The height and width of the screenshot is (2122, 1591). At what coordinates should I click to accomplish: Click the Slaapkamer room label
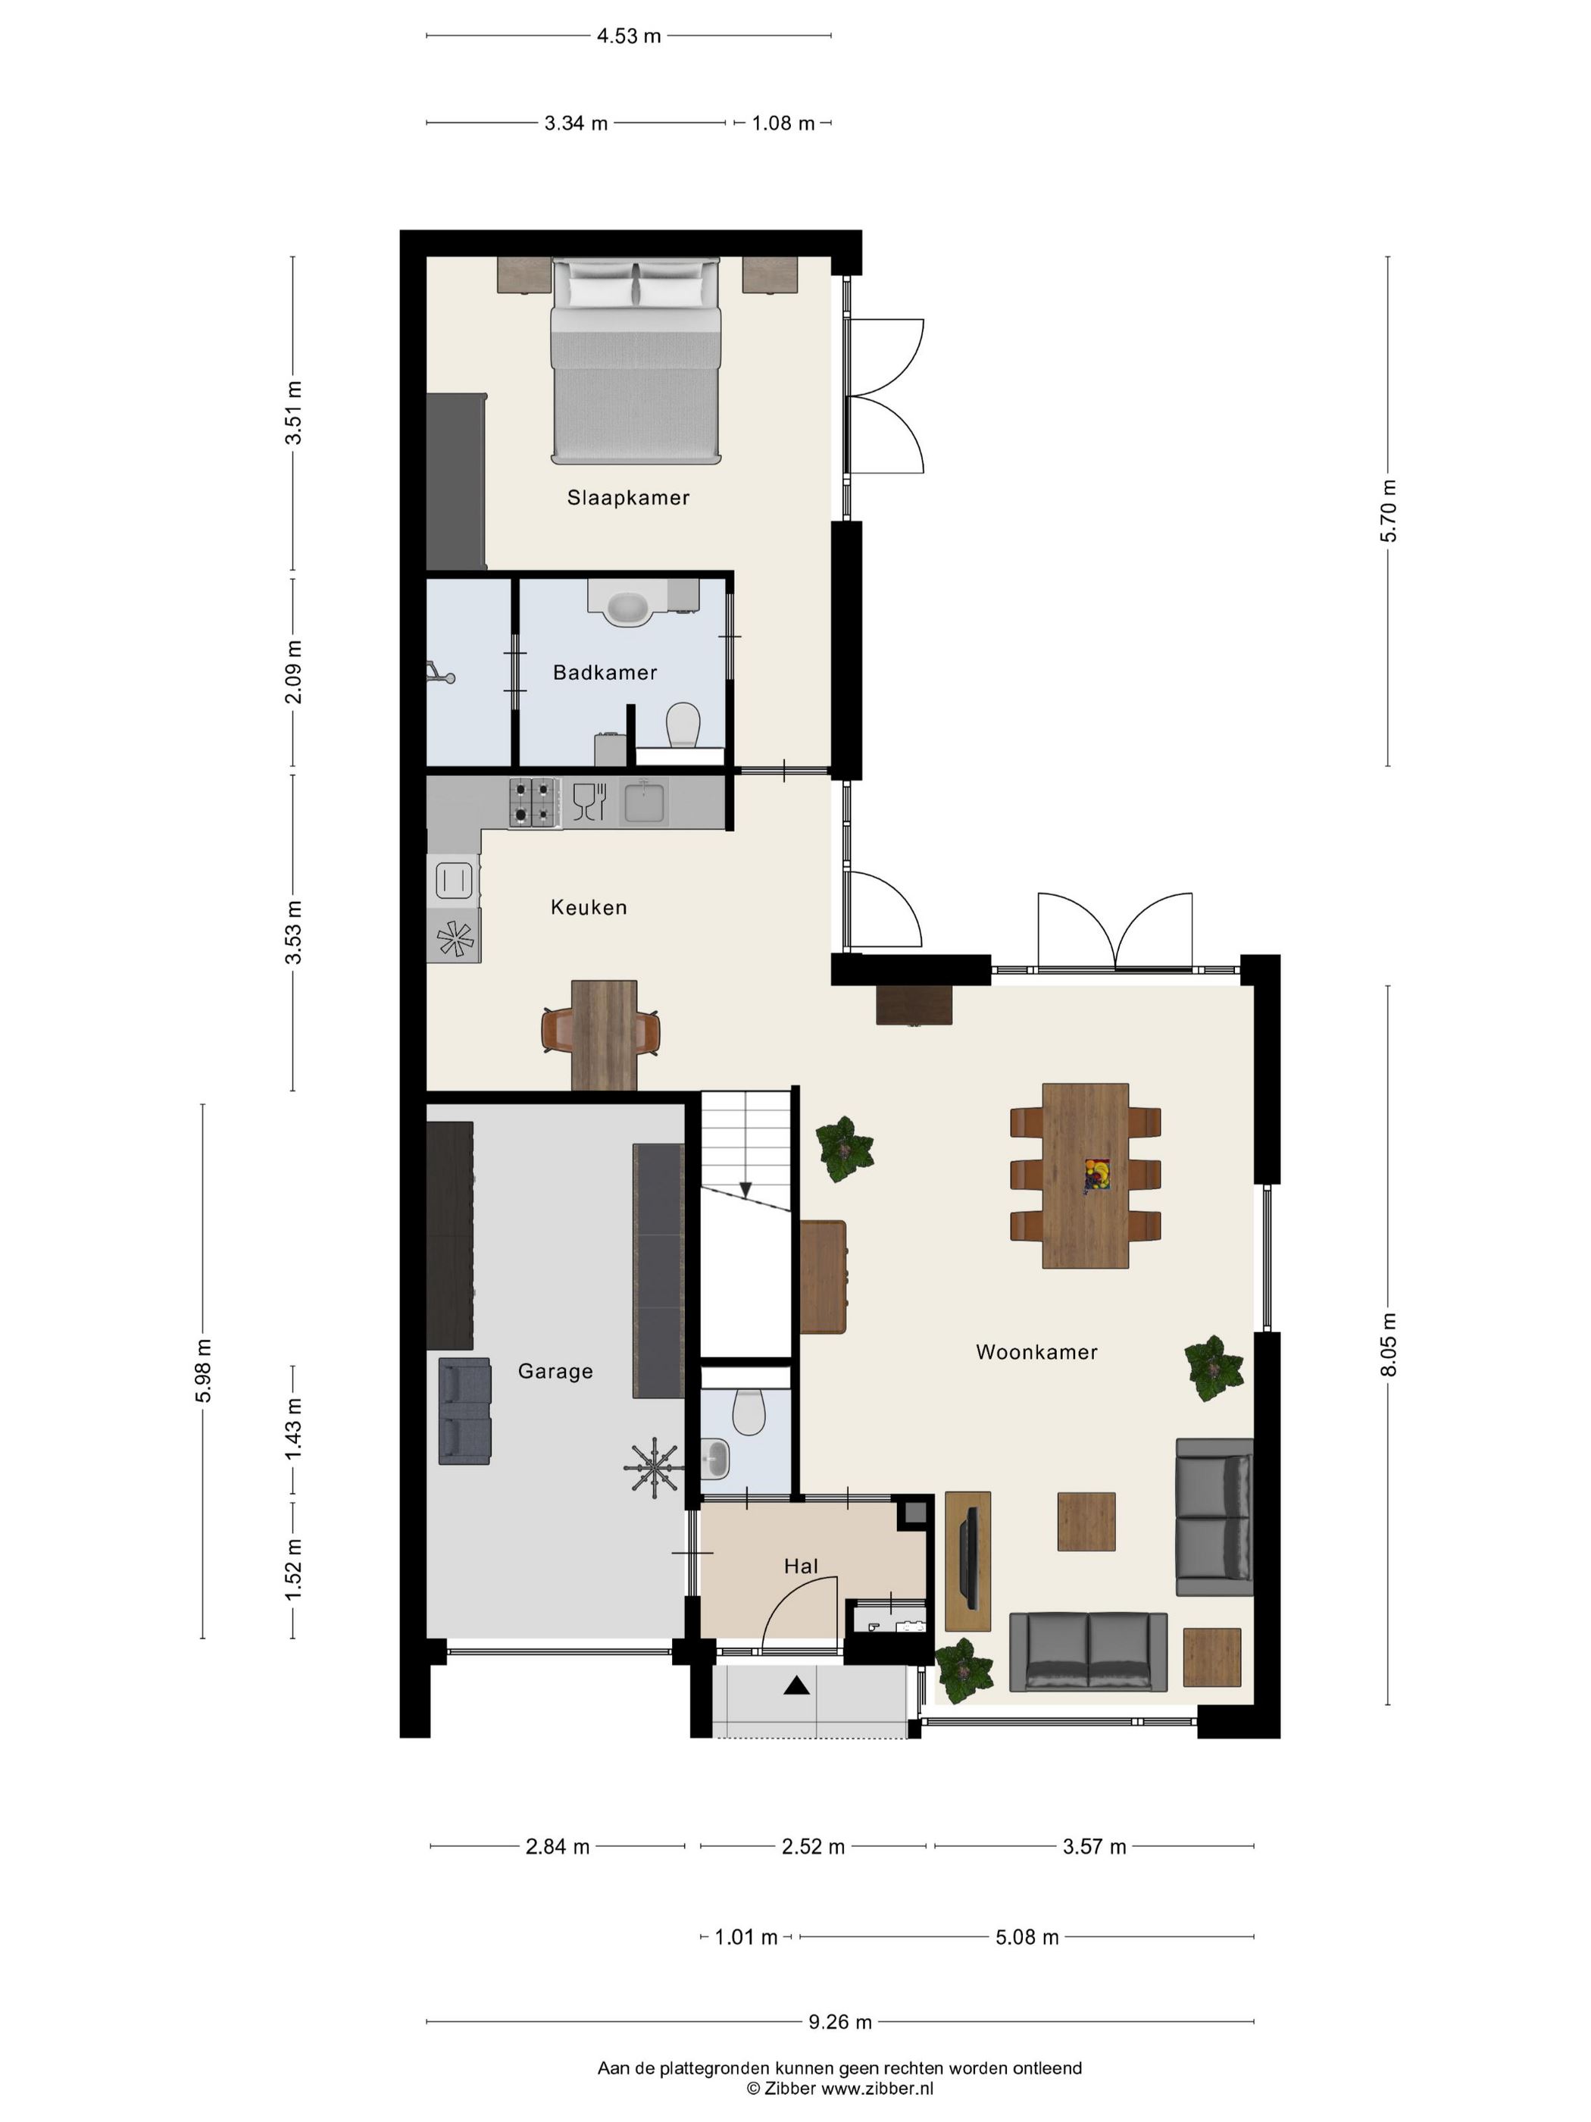click(628, 497)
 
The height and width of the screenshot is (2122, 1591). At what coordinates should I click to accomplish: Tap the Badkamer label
click(605, 672)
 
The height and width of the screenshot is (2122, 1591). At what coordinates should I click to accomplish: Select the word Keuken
click(589, 906)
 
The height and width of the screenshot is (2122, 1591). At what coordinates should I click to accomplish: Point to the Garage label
click(555, 1372)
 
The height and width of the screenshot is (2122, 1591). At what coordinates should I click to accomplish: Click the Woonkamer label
click(1036, 1352)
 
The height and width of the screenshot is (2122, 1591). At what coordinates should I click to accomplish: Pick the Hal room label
click(801, 1566)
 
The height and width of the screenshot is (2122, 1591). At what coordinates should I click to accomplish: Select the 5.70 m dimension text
click(1389, 510)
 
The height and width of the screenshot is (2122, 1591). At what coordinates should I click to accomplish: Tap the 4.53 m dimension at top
click(629, 36)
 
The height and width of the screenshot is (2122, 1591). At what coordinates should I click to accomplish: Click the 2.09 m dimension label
click(293, 671)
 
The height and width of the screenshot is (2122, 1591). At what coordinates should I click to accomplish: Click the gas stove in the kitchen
click(535, 802)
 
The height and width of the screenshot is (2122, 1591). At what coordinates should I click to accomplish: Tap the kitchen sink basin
click(645, 802)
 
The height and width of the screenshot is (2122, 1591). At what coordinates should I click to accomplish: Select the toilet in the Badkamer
click(683, 725)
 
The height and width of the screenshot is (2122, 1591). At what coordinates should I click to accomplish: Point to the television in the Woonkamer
click(970, 1559)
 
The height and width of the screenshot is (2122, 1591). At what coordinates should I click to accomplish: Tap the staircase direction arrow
click(745, 1191)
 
